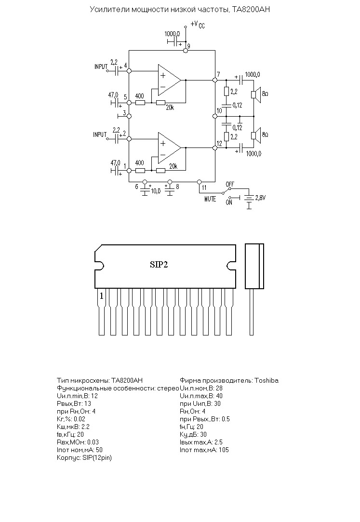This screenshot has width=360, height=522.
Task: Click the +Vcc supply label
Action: (x=198, y=24)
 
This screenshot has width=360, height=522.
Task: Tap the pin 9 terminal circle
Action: (x=186, y=51)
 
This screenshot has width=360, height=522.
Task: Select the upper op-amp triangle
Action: (x=169, y=80)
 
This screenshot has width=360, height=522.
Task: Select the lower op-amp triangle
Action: (x=169, y=148)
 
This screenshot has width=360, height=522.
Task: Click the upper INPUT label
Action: (x=101, y=67)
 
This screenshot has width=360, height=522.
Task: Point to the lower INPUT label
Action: (x=100, y=134)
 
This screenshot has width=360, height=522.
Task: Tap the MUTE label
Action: (x=210, y=199)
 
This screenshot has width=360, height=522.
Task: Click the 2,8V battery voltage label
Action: (x=261, y=198)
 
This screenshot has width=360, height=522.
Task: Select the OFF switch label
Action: (x=230, y=185)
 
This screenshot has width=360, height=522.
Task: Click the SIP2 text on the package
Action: (x=159, y=265)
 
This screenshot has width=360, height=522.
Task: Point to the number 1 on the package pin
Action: (x=102, y=295)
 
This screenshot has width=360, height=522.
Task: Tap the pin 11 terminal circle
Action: (x=200, y=182)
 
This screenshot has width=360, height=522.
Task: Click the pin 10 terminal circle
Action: (x=215, y=116)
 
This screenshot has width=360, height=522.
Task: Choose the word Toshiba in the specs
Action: (x=267, y=380)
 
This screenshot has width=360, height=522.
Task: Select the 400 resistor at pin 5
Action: (x=140, y=103)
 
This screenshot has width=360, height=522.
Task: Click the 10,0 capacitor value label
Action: (x=156, y=191)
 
